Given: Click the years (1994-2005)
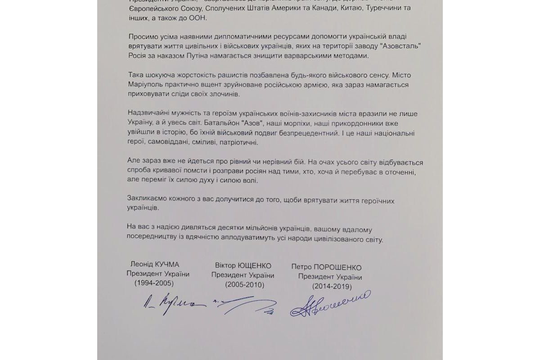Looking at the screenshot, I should tap(154, 283).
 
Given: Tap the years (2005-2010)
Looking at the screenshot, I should tap(244, 285).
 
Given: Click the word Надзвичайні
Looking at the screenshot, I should tap(149, 113).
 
